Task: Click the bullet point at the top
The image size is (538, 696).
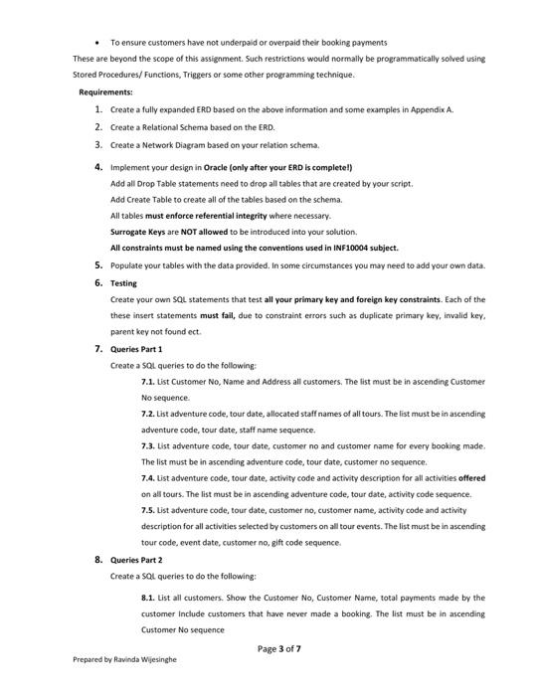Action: coord(97,43)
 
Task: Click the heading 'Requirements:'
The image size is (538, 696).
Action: coord(105,92)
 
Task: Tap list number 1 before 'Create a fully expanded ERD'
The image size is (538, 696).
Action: coord(98,109)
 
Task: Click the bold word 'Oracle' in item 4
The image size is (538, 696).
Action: coord(219,167)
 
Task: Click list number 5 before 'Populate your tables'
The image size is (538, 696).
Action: coord(98,265)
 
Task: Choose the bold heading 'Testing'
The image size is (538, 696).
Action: coord(123,283)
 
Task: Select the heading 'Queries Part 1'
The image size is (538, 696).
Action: coord(136,349)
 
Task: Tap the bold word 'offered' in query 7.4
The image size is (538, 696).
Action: coord(471,478)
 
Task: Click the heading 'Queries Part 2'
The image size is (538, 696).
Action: coord(136,560)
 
